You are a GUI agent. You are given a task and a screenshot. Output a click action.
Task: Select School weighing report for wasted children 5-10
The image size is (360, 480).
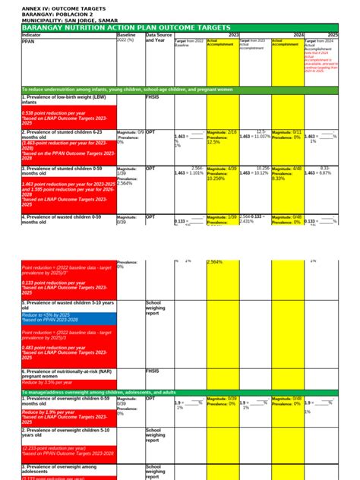[x=157, y=307]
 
